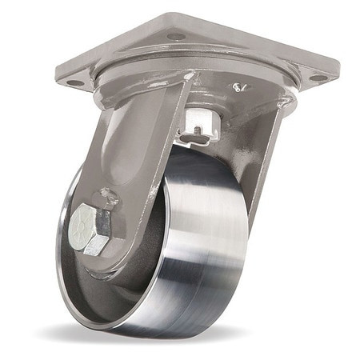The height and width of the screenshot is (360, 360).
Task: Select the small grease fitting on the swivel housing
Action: [x=238, y=86]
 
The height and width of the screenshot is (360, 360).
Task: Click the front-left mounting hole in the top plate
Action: [x=74, y=82]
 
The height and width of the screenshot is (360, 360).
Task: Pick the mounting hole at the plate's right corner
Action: [x=318, y=78]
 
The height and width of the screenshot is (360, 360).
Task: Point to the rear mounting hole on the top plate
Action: [x=176, y=35]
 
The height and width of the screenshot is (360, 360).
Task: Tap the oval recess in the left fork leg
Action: [x=128, y=144]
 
